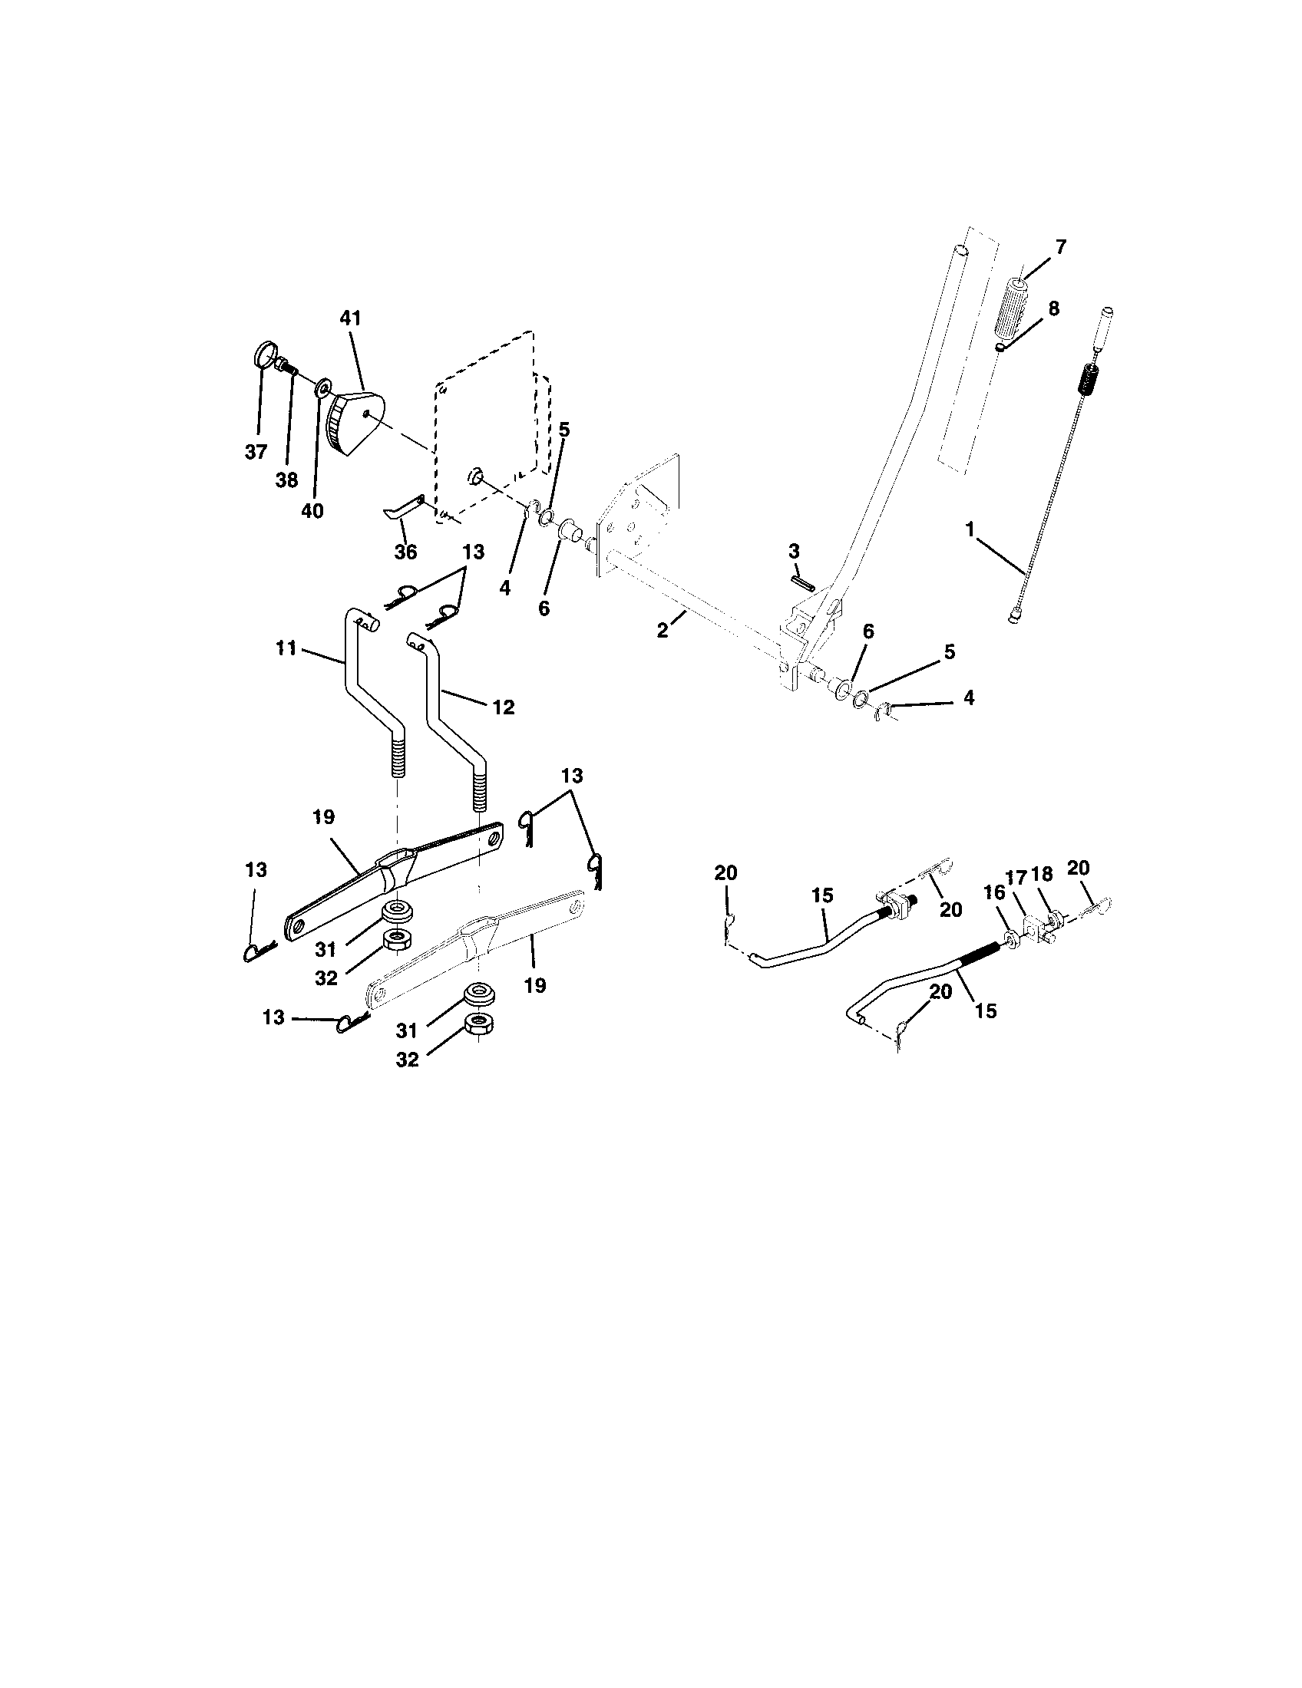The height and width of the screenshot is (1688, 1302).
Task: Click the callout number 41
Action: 350,318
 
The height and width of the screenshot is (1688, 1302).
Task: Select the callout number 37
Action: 256,452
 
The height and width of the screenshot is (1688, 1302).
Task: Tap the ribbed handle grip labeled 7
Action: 1012,309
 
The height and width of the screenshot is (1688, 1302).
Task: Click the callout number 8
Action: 1053,308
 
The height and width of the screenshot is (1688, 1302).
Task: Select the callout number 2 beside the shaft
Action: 663,630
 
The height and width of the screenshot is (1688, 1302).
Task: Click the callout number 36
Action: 405,552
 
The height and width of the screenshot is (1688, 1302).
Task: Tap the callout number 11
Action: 286,648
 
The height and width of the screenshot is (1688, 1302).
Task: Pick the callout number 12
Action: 503,707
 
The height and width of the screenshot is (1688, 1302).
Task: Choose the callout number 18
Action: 1043,874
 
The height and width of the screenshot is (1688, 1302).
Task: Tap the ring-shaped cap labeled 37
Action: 264,357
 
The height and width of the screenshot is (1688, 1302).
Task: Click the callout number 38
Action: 286,480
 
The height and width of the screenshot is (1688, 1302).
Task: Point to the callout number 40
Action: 312,511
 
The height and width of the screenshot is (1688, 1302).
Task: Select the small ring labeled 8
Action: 1000,348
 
